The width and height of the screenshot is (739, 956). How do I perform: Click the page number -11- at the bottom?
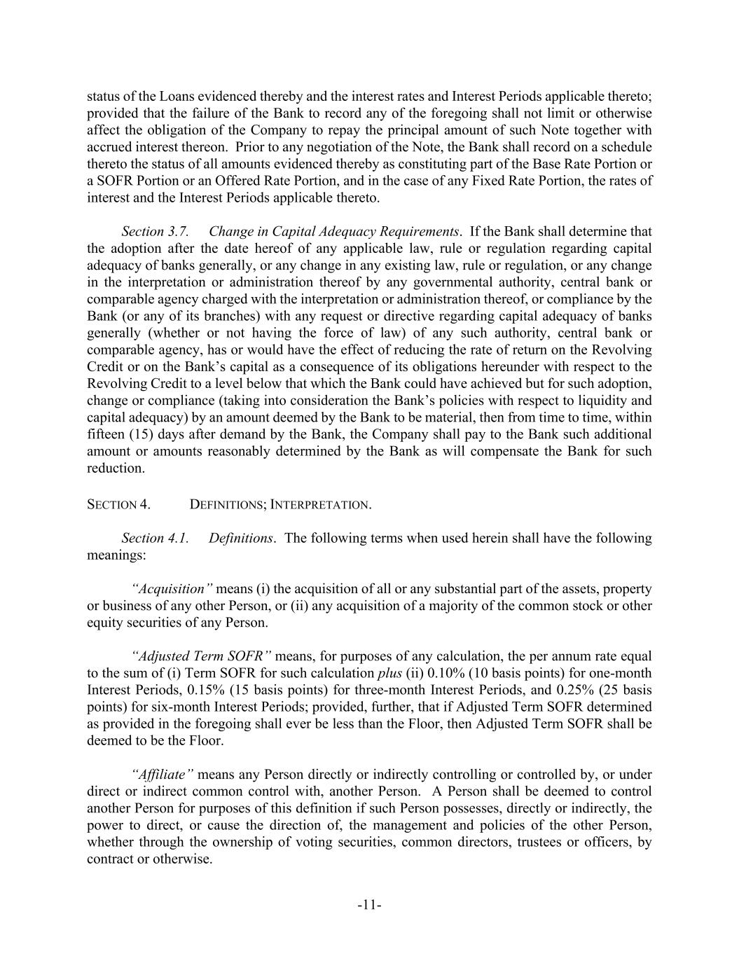(x=369, y=905)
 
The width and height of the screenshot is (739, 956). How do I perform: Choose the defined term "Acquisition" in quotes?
(x=172, y=589)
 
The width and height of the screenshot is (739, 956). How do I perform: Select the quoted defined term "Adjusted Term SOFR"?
(x=201, y=656)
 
